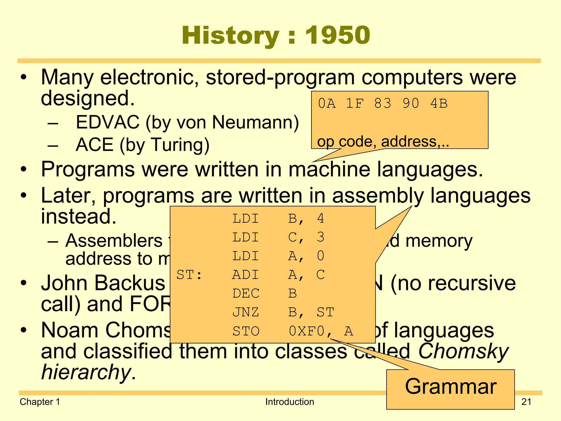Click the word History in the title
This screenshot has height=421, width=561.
pos(230,36)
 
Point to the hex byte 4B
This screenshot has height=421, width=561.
pos(439,104)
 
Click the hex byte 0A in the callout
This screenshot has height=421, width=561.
pos(327,104)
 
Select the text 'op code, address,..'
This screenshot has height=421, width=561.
pos(383,142)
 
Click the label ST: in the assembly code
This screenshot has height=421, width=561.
pos(189,275)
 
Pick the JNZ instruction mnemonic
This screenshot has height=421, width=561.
pos(245,312)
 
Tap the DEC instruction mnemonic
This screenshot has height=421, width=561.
pos(245,294)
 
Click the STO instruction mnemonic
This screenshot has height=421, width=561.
pos(245,331)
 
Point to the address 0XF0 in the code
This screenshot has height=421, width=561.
pos(307,331)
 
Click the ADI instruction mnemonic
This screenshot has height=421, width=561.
pos(245,275)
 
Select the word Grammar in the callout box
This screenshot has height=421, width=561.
pos(451,386)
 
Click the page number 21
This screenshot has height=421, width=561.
pos(526,402)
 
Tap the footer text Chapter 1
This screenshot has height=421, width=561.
pos(40,402)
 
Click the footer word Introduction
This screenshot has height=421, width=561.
pos(290,402)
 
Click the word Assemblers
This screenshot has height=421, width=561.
pos(114,241)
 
